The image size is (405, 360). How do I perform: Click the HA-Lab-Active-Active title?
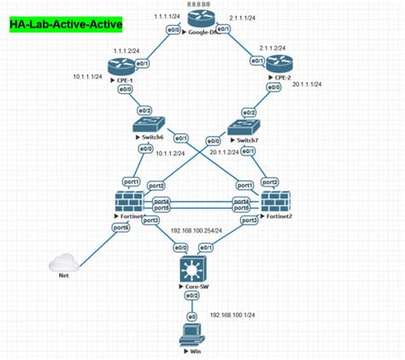pyautogui.click(x=66, y=26)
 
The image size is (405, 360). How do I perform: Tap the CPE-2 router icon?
pyautogui.click(x=278, y=64)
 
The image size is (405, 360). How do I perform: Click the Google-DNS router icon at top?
pyautogui.click(x=198, y=29)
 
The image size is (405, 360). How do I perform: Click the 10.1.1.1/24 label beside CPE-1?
pyautogui.click(x=87, y=76)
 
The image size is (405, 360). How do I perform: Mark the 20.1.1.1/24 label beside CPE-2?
pyautogui.click(x=308, y=85)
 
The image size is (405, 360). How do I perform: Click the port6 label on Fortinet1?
pyautogui.click(x=120, y=227)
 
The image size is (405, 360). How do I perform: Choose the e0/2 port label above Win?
pyautogui.click(x=194, y=295)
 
